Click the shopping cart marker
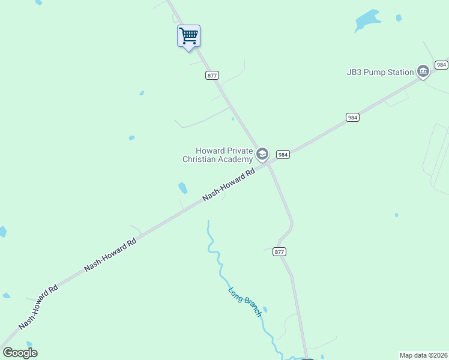pos(188,36)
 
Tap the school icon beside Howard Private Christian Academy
pos(262,154)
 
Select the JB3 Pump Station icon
pos(423,72)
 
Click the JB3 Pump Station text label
pos(380,72)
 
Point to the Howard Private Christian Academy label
pos(217,155)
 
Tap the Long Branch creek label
pos(245,302)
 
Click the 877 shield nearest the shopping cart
pos(212,75)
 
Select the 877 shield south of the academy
pos(279,251)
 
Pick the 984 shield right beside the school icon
pos(283,154)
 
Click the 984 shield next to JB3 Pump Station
pos(441,65)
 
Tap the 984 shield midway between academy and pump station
pos(352,118)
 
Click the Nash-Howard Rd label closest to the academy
pos(229,184)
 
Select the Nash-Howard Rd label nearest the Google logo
pos(38,306)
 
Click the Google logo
pos(20,353)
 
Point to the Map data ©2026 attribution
pos(423,355)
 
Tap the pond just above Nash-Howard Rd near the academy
pos(182,188)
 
